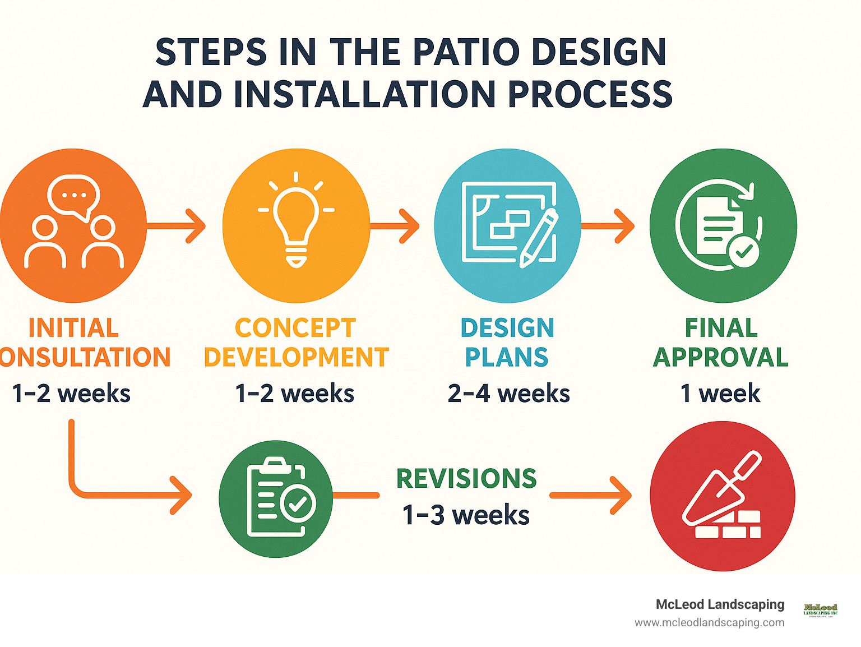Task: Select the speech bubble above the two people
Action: click(x=73, y=196)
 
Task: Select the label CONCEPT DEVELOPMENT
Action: click(x=296, y=343)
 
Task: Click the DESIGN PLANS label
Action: click(x=507, y=343)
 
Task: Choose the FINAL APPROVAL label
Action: click(x=721, y=343)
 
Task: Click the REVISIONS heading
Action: click(x=466, y=479)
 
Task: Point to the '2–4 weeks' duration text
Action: click(x=508, y=394)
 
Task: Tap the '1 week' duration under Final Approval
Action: click(x=720, y=394)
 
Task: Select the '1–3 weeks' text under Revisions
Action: click(x=466, y=515)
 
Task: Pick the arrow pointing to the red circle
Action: click(x=591, y=496)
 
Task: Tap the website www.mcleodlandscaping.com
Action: click(x=709, y=623)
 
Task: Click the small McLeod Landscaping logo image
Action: click(x=820, y=610)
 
